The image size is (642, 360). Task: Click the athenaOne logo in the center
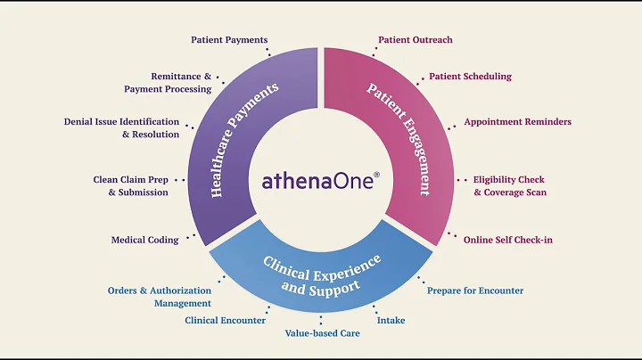coord(319,180)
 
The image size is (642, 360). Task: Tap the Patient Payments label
coord(229,40)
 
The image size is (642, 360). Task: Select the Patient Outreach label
coord(415,40)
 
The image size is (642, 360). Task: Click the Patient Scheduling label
coord(470,77)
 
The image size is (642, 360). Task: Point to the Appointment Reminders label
coord(517,122)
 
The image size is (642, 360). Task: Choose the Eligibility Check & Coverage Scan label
coord(509,185)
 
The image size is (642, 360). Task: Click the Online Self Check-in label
coord(507,240)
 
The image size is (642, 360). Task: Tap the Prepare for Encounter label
coord(475,290)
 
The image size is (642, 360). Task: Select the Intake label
coord(391,320)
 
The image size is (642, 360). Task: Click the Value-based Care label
coord(322,333)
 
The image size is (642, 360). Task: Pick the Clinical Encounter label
coord(225,320)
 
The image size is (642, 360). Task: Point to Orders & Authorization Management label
coord(160,297)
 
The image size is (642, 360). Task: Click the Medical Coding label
coord(144,240)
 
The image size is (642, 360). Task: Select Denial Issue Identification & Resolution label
coord(121,127)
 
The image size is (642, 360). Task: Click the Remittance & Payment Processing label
coord(168,83)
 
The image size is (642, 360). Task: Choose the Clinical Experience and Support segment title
coord(321,274)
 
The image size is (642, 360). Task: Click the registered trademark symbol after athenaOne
coord(377,176)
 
